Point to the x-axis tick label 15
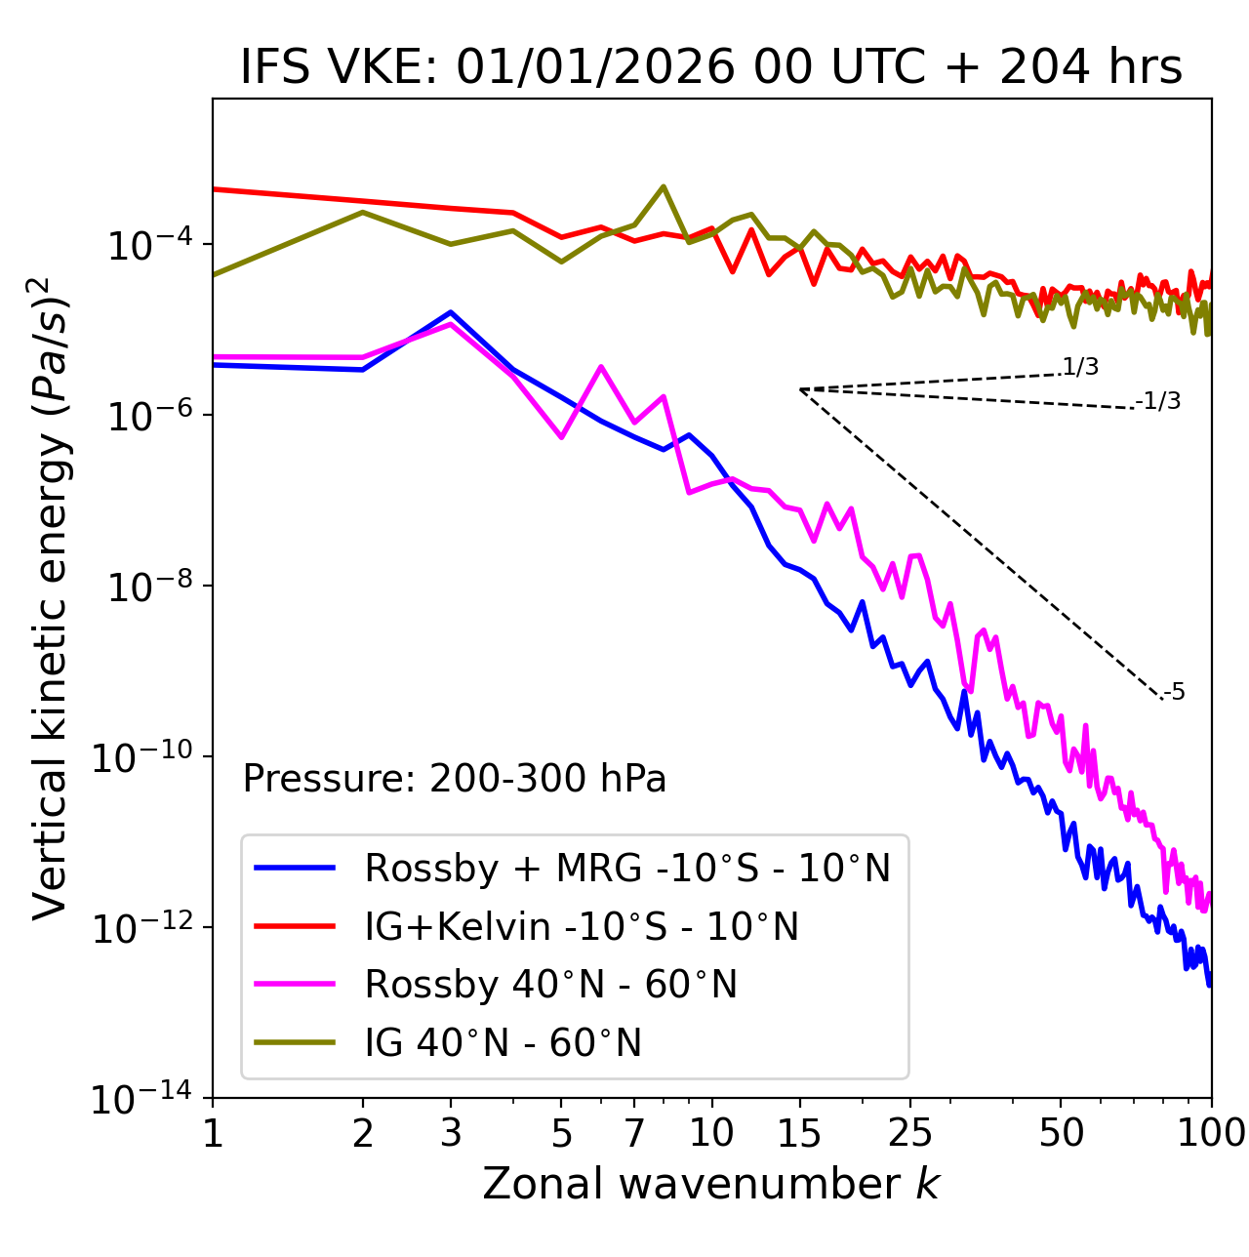tap(799, 1132)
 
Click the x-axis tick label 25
tap(909, 1132)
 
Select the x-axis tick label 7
tap(634, 1132)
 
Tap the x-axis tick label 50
tap(1061, 1132)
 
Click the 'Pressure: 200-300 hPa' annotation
tap(455, 779)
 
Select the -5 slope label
tap(1175, 693)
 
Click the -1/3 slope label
tap(1159, 401)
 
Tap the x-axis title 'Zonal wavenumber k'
tap(710, 1184)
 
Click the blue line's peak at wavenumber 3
tap(451, 312)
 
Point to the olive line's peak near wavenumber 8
tap(664, 186)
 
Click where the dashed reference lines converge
tap(800, 389)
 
